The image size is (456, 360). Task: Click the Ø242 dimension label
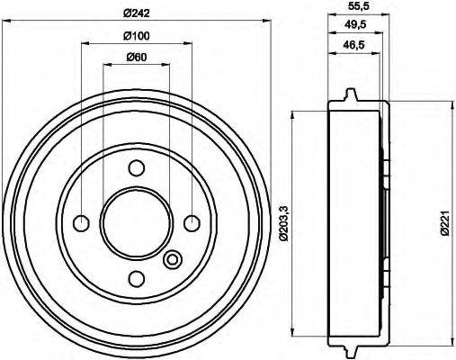(x=137, y=13)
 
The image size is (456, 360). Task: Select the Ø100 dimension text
(x=137, y=36)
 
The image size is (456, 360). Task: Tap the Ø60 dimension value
(x=137, y=58)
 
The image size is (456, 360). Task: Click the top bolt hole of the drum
(x=136, y=168)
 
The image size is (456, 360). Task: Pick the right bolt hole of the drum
(x=192, y=222)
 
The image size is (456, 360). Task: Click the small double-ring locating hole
(x=174, y=261)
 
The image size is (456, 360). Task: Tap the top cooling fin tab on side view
(x=350, y=94)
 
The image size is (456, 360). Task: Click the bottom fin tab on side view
(x=350, y=346)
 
